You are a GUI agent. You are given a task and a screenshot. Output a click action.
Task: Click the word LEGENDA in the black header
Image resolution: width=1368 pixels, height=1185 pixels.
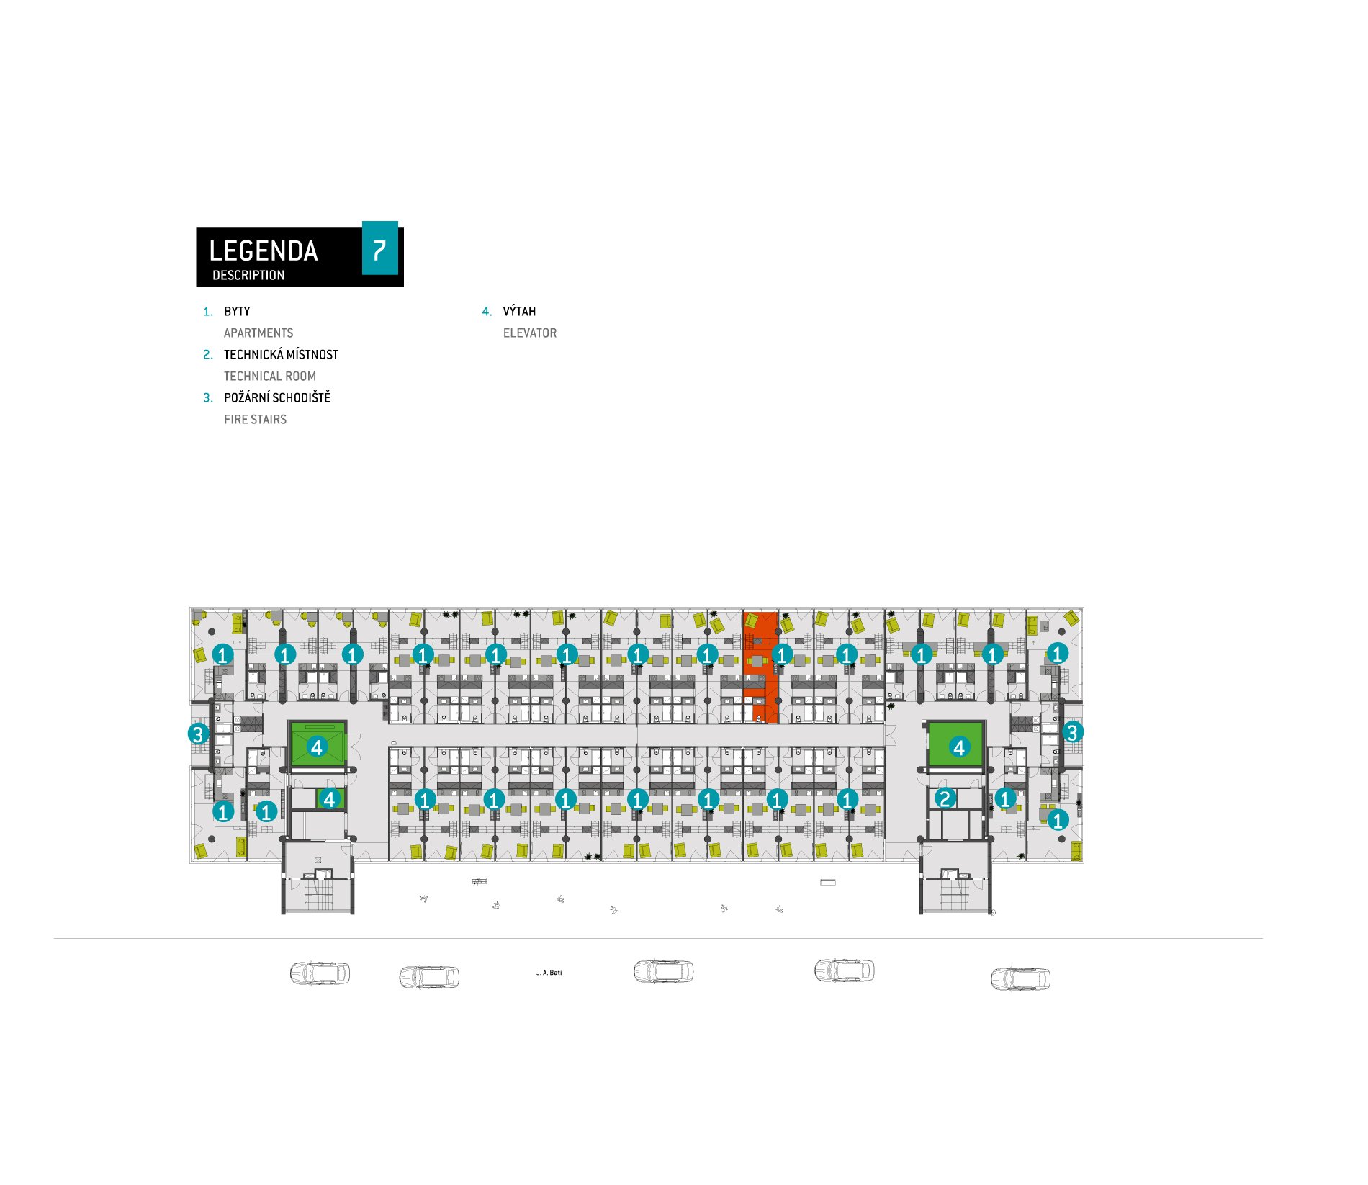tap(264, 251)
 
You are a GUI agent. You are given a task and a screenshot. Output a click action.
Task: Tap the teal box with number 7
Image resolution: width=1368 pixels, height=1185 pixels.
tap(379, 248)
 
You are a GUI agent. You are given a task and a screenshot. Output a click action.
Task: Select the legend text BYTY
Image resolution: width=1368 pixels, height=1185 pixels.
tap(237, 312)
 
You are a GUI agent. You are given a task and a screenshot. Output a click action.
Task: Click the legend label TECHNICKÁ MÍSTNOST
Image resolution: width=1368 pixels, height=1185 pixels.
tap(281, 354)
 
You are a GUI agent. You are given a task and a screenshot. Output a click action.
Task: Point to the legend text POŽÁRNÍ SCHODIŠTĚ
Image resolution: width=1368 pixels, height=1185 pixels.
tap(277, 397)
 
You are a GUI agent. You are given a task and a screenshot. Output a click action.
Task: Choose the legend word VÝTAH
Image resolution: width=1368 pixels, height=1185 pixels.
tap(519, 311)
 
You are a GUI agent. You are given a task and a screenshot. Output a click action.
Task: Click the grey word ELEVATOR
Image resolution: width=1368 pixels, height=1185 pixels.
tap(530, 333)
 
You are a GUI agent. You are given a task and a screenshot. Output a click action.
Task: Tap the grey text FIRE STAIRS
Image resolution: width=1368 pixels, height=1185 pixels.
tap(255, 420)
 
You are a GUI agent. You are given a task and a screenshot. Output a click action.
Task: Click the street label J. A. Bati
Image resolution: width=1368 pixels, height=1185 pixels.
tap(549, 973)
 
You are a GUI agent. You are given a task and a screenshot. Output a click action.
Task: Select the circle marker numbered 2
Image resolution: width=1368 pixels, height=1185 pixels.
tap(945, 798)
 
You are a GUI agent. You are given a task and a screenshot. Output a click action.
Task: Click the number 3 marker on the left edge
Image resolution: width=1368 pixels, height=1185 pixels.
tap(198, 734)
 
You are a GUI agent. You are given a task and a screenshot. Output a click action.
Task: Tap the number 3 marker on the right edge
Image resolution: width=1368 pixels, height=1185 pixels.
tap(1072, 732)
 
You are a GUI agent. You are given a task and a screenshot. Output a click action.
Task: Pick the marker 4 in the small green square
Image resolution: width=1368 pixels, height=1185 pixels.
tap(329, 798)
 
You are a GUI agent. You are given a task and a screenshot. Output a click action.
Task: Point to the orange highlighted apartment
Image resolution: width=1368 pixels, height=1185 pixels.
tap(760, 667)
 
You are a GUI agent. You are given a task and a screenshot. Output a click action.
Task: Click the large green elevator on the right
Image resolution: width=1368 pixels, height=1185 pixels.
tap(956, 744)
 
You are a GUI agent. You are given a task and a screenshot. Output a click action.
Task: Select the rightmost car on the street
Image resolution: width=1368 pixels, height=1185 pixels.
tap(1020, 979)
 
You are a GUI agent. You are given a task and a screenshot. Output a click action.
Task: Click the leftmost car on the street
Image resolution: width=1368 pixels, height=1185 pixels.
tap(320, 973)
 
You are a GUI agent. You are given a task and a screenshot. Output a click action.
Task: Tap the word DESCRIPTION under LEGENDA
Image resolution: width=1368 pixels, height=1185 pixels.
tap(248, 275)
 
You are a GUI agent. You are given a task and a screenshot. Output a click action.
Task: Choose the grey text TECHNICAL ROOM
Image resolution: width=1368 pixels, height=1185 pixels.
tap(270, 377)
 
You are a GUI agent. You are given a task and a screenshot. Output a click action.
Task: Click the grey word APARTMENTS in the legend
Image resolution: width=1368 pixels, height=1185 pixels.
tap(258, 333)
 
